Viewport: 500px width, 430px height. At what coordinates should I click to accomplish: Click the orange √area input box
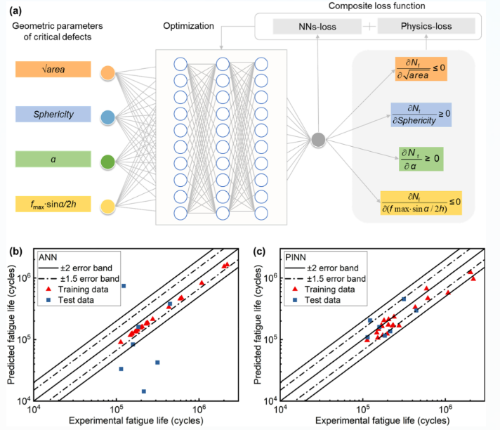(x=53, y=70)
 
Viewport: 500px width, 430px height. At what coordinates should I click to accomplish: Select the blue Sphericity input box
(x=53, y=115)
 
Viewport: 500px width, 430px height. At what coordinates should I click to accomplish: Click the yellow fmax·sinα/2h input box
(x=53, y=205)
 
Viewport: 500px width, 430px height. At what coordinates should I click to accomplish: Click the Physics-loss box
(x=426, y=27)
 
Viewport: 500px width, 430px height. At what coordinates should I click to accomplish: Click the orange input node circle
(x=107, y=72)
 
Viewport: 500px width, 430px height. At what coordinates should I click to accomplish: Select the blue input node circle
(x=107, y=117)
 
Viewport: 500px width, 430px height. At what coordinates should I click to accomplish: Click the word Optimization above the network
(x=188, y=26)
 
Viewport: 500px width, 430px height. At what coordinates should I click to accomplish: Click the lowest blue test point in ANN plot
(x=144, y=391)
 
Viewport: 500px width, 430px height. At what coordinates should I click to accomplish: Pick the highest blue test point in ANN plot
(x=124, y=286)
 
